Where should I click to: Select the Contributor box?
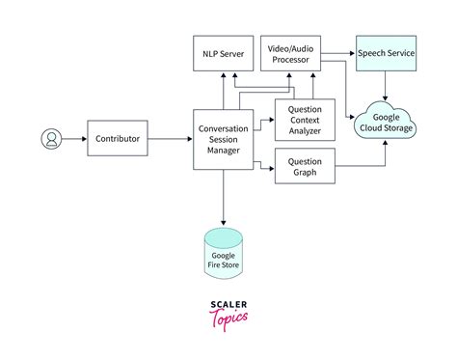click(117, 140)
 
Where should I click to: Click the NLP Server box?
click(224, 54)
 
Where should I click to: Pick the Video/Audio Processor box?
click(290, 54)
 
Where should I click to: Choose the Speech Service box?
click(386, 54)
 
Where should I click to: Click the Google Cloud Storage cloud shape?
click(386, 120)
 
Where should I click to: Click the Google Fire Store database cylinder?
click(224, 252)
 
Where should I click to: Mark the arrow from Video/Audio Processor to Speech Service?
click(337, 54)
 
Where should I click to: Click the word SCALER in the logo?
click(228, 303)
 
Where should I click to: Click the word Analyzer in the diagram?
click(305, 130)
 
